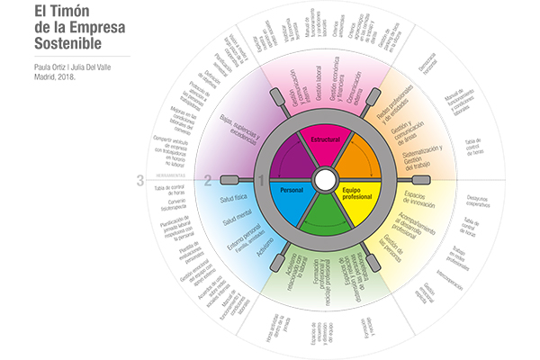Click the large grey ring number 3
coord(140,180)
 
